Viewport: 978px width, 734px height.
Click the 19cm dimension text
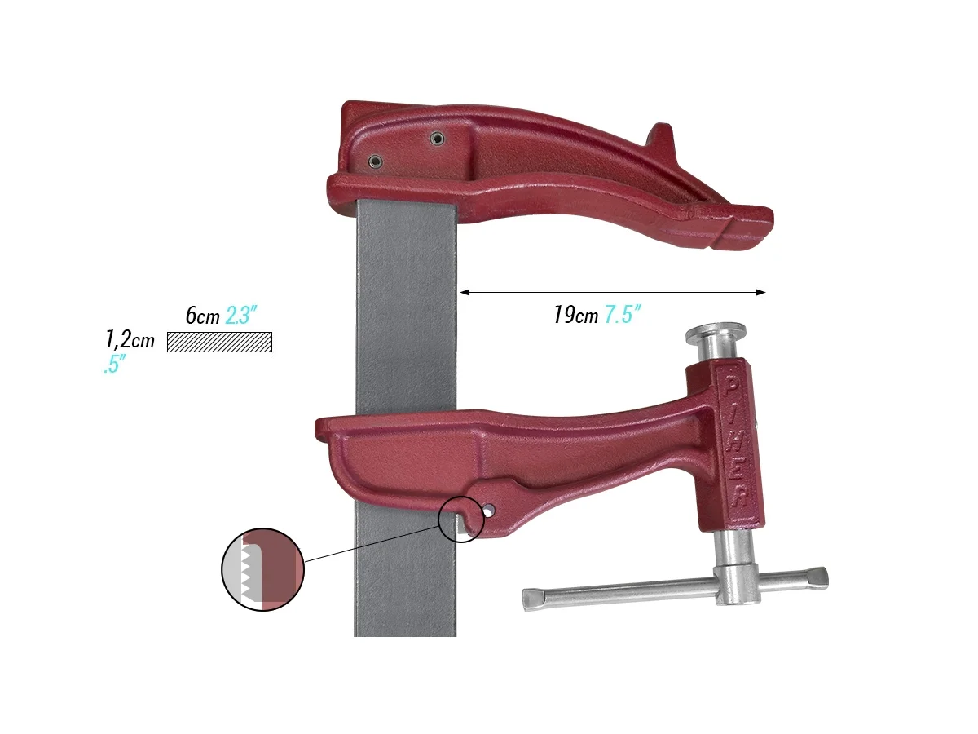[x=575, y=316]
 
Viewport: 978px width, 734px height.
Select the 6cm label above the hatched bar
[x=201, y=316]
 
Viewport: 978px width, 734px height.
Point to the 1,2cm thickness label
[x=130, y=338]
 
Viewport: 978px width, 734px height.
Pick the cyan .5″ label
[x=112, y=366]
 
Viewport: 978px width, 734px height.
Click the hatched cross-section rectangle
[x=219, y=343]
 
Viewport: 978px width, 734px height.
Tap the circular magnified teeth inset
[x=262, y=569]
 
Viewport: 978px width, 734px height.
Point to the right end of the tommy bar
[x=817, y=577]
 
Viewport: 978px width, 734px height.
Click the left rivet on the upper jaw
[x=375, y=161]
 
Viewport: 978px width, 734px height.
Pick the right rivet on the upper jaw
[x=438, y=139]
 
